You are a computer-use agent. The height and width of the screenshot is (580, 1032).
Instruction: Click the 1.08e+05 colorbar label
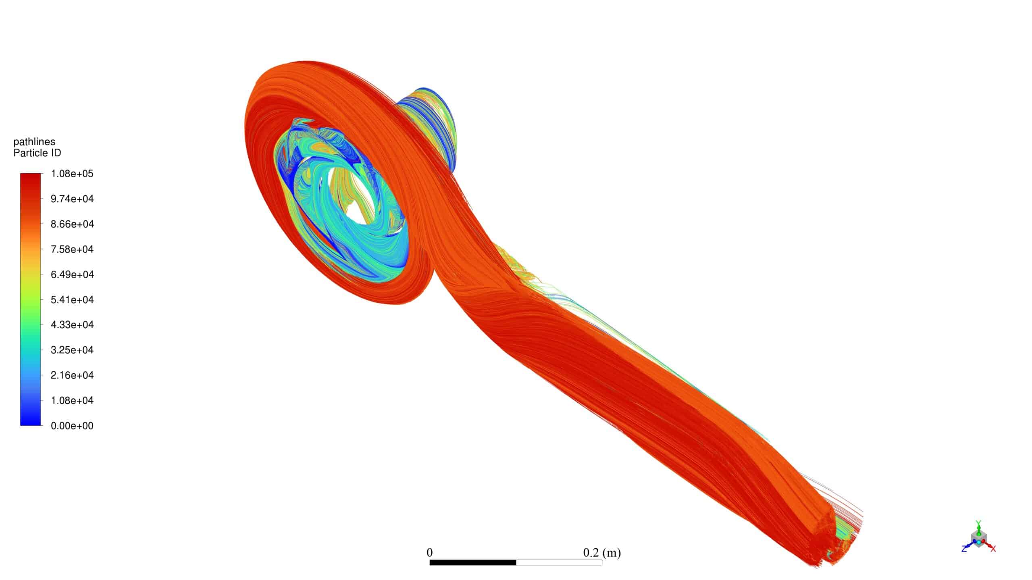point(72,174)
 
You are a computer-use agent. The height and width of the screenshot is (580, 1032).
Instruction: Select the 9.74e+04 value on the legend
point(72,199)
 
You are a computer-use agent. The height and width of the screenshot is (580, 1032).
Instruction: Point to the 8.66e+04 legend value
point(72,224)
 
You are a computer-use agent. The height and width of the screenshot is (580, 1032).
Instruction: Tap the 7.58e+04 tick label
point(72,249)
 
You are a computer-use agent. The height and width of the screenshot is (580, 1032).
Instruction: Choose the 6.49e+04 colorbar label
point(72,274)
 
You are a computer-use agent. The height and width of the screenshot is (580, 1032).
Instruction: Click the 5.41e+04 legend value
point(72,300)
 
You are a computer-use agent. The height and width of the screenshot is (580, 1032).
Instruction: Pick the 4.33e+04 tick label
point(72,325)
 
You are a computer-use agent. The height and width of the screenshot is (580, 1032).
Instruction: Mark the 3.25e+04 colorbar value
point(72,350)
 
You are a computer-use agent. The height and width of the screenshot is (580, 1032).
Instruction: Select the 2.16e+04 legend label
point(72,375)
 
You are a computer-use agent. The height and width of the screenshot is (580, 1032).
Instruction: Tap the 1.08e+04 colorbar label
point(72,400)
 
